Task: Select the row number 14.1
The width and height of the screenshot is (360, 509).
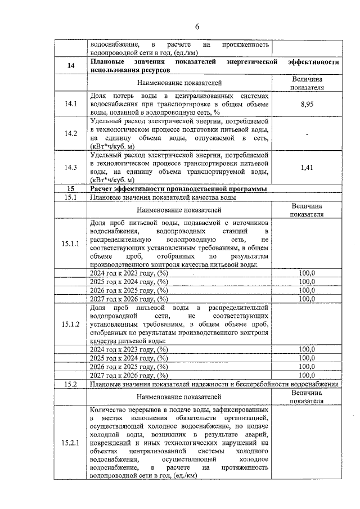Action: tap(70, 103)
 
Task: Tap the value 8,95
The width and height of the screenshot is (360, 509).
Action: tap(307, 104)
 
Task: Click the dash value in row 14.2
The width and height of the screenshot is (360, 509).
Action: tap(307, 133)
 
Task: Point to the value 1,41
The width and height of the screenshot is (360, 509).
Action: tap(307, 167)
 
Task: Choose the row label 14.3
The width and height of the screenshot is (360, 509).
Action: tap(70, 167)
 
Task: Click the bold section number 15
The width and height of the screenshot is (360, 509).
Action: tap(70, 189)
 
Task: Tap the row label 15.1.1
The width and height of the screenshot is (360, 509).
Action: tap(70, 243)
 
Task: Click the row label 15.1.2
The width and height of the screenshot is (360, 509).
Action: tap(70, 325)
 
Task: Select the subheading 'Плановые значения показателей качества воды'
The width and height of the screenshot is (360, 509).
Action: tap(163, 197)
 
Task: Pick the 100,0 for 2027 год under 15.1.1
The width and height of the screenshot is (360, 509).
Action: tap(307, 299)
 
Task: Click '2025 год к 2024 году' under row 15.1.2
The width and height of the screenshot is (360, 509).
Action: tap(129, 358)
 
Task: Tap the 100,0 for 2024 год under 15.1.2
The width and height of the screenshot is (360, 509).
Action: tap(307, 349)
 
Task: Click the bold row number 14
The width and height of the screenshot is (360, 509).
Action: tap(70, 66)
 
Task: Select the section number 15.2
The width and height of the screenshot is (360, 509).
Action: tap(70, 384)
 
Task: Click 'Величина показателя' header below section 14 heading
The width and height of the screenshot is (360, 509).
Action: tap(307, 83)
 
